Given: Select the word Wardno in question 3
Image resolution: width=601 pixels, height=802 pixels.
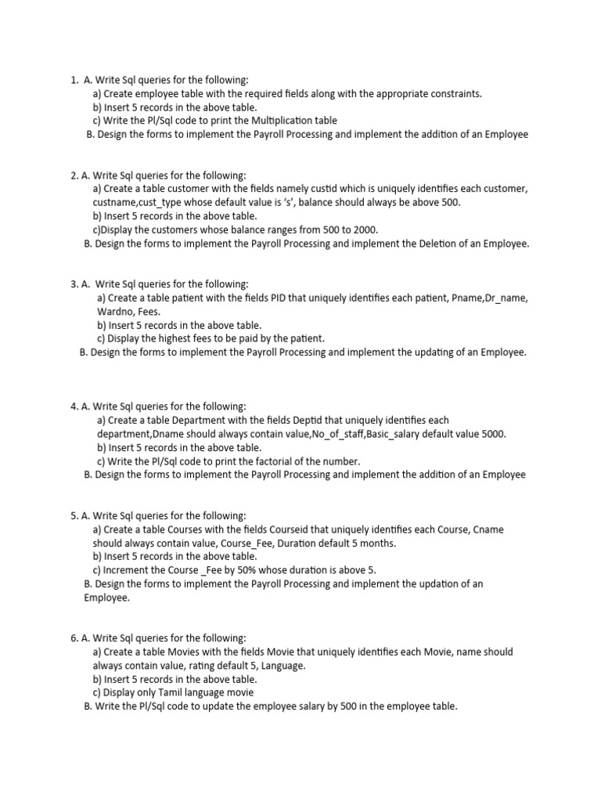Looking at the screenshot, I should coord(112,312).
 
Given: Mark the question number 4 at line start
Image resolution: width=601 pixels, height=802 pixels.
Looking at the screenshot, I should coord(73,406).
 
